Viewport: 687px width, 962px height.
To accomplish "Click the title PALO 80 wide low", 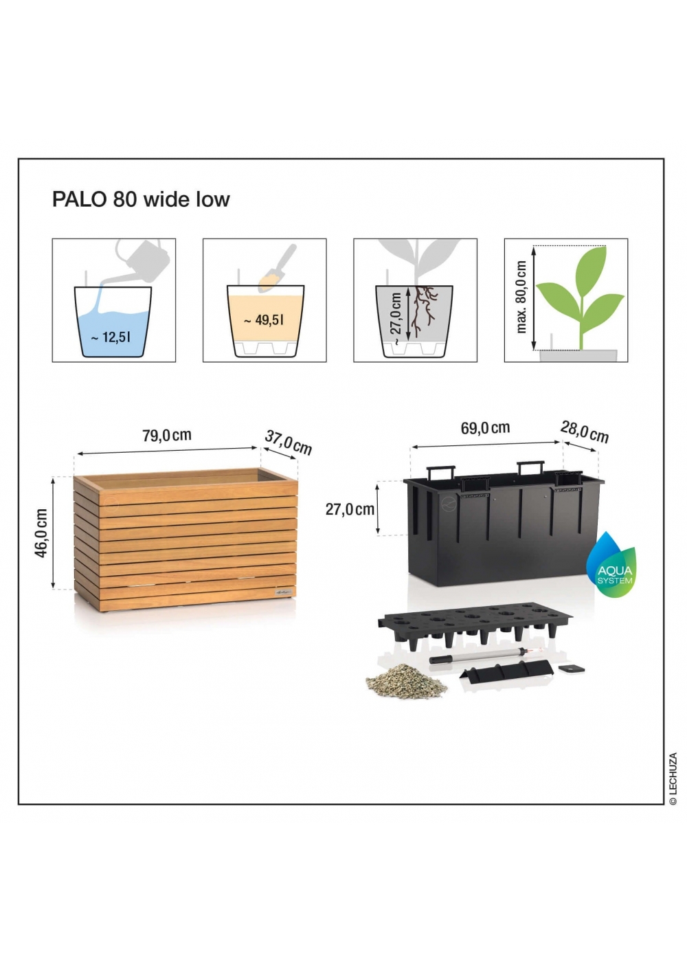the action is pyautogui.click(x=141, y=200).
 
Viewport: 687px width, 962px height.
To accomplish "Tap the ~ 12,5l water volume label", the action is pyautogui.click(x=111, y=337).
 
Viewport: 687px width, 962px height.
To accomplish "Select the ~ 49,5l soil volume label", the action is pyautogui.click(x=264, y=320).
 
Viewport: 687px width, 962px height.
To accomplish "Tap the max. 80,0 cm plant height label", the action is pyautogui.click(x=521, y=297).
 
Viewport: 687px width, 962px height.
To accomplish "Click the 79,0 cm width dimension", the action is pyautogui.click(x=167, y=436).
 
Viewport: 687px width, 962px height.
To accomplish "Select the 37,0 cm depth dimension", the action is pyautogui.click(x=288, y=443).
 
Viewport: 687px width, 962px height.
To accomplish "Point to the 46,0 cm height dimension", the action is pyautogui.click(x=41, y=533).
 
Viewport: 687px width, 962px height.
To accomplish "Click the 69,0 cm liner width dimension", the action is pyautogui.click(x=485, y=427).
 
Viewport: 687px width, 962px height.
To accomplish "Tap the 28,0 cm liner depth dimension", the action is pyautogui.click(x=585, y=432).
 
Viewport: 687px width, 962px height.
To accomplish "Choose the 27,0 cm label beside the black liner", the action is pyautogui.click(x=350, y=509).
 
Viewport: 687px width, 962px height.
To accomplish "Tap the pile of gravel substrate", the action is pyautogui.click(x=406, y=681).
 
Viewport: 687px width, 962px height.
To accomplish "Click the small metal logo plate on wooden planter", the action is pyautogui.click(x=284, y=592).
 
